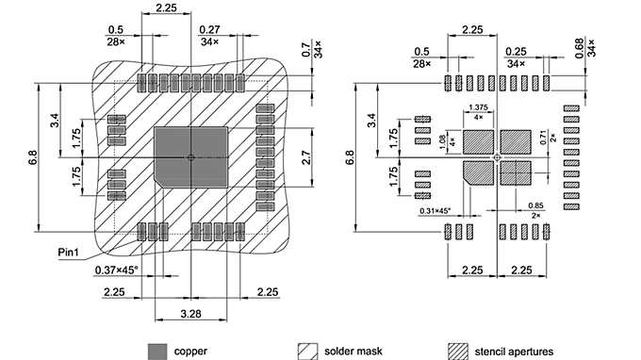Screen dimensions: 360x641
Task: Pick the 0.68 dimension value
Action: pos(592,46)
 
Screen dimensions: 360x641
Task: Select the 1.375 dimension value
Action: pos(477,107)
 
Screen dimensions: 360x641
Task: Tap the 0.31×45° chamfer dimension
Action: pos(434,210)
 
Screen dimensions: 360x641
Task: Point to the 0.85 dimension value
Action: pos(536,206)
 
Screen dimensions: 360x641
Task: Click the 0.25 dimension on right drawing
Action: pos(516,52)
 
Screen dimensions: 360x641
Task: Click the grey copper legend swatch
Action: pos(156,351)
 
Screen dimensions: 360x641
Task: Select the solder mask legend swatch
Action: pos(306,351)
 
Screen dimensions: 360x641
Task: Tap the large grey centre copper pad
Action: pos(174,141)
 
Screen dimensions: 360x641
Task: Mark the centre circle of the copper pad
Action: pos(190,156)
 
